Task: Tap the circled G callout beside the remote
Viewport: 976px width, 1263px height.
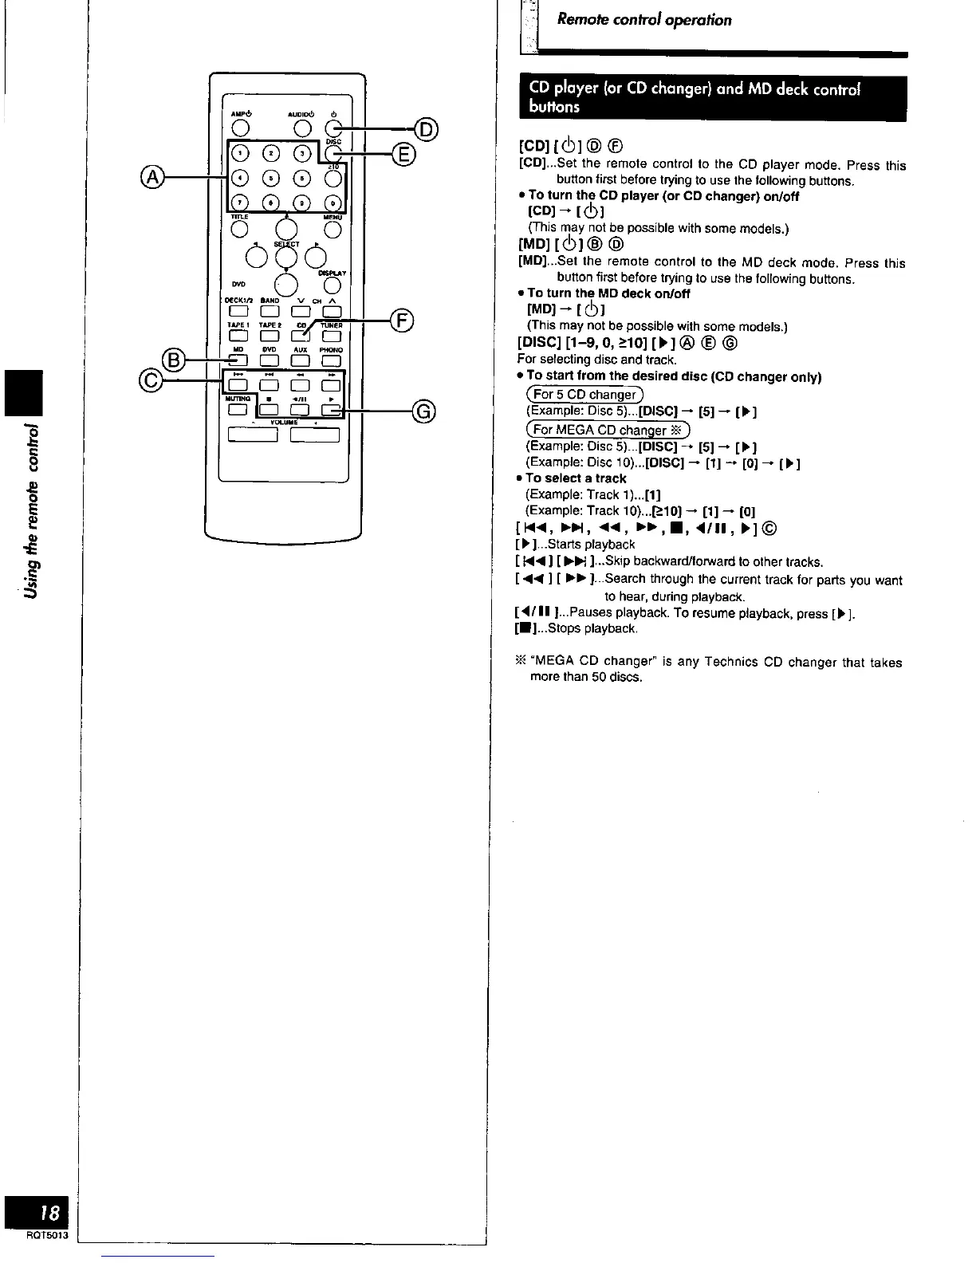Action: (424, 411)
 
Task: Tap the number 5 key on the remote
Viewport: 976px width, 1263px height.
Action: (273, 178)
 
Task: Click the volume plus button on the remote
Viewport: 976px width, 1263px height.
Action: (315, 435)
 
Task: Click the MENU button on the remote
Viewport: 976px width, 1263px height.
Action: (333, 230)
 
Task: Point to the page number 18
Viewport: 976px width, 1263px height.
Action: (49, 1214)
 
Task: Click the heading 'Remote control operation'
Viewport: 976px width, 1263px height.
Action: (644, 20)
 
